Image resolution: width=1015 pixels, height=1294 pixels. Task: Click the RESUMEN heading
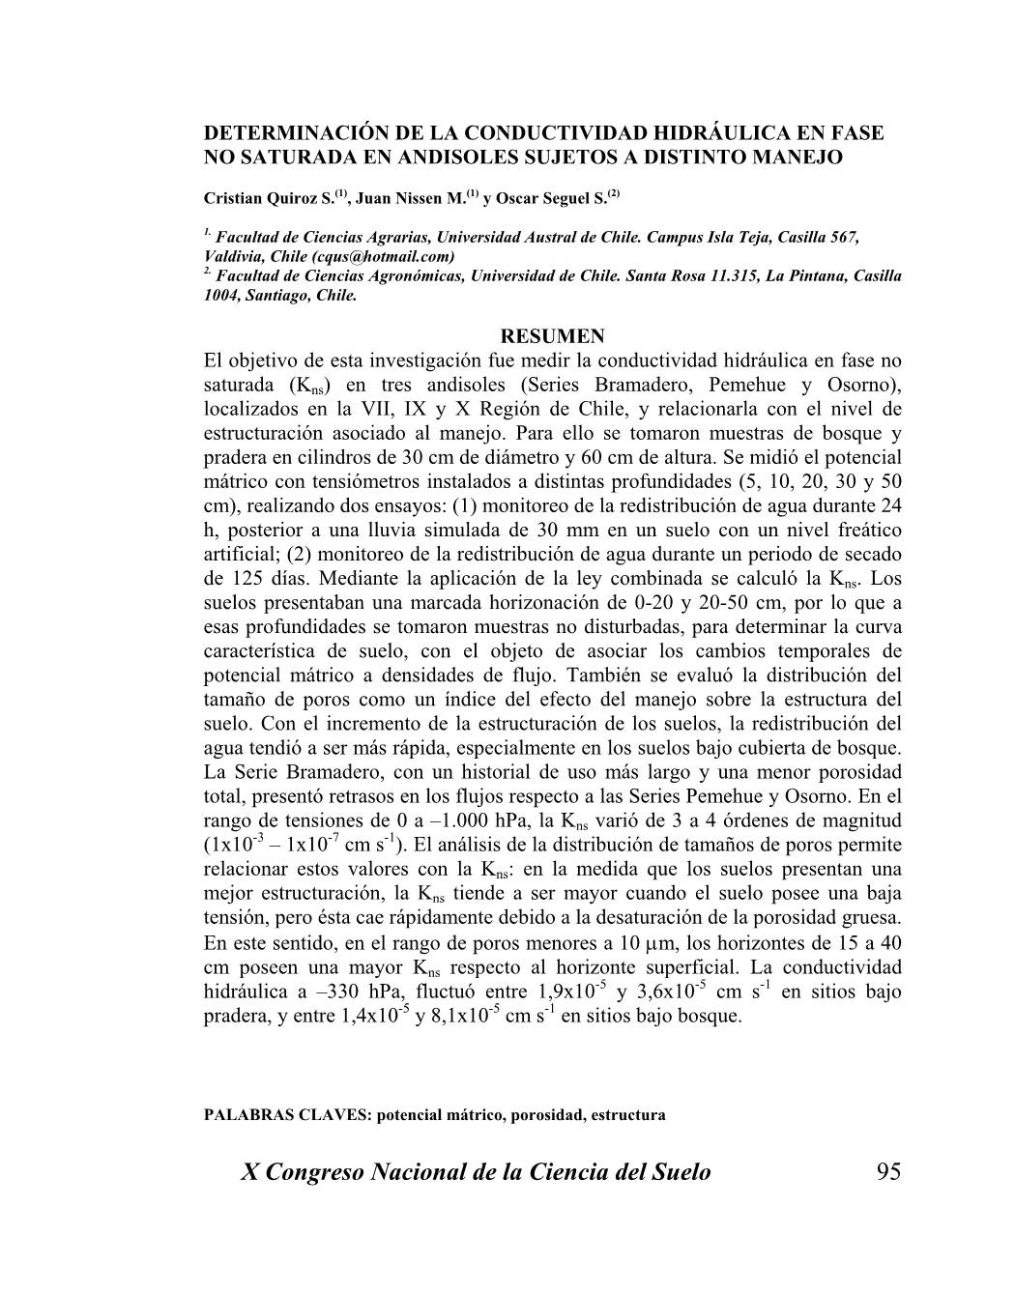click(x=553, y=336)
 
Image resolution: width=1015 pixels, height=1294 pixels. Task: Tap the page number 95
click(x=887, y=1172)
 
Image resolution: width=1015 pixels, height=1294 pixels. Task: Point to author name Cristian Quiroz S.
click(x=270, y=198)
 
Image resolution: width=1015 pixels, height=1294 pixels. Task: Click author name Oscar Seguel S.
click(x=552, y=198)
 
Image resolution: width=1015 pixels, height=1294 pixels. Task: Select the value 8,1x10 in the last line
click(x=458, y=1017)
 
